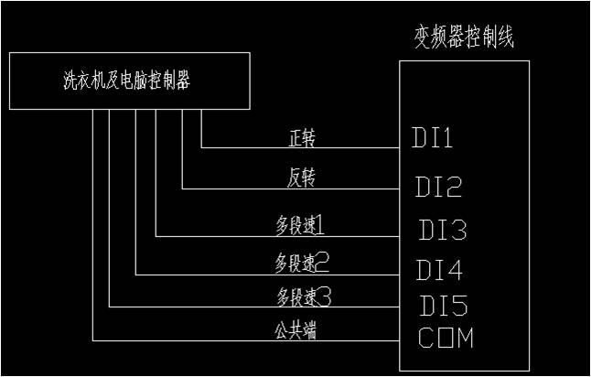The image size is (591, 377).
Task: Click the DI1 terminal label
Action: pyautogui.click(x=433, y=140)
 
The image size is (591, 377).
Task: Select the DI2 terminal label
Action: pyautogui.click(x=437, y=188)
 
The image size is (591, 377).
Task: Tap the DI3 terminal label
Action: pyautogui.click(x=443, y=229)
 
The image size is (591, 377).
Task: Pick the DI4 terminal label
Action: pyautogui.click(x=439, y=270)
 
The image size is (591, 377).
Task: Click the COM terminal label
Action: pyautogui.click(x=446, y=338)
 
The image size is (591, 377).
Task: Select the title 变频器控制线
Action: pyautogui.click(x=465, y=38)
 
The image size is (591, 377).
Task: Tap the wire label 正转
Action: pyautogui.click(x=302, y=137)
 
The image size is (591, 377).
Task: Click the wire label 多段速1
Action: pyautogui.click(x=299, y=224)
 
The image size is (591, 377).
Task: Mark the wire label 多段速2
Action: pyautogui.click(x=302, y=264)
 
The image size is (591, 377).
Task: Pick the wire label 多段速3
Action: pyautogui.click(x=302, y=296)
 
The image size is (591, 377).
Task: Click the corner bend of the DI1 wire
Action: pyautogui.click(x=201, y=146)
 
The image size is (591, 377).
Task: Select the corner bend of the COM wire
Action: pyautogui.click(x=92, y=342)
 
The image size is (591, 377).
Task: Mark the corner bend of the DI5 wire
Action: pyautogui.click(x=109, y=307)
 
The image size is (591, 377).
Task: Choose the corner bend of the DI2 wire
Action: pyautogui.click(x=183, y=189)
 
